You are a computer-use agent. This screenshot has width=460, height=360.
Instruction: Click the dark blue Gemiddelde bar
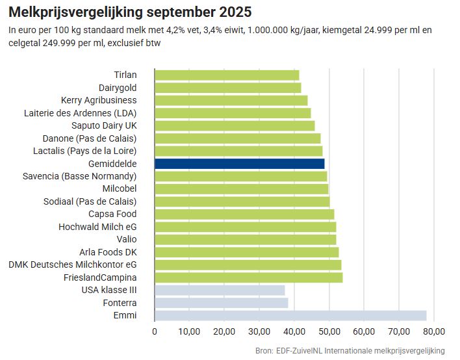(239, 164)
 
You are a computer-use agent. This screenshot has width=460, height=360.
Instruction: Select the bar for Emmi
(290, 316)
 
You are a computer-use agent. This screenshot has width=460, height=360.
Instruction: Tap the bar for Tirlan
(227, 75)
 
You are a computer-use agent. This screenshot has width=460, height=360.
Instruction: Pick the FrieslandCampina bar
(248, 277)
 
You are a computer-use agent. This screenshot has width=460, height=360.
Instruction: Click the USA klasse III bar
(220, 290)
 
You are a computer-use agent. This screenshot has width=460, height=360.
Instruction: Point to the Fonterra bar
(221, 303)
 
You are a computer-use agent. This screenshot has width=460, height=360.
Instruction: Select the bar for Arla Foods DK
(246, 252)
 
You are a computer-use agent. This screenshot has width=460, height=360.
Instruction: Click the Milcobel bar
(241, 189)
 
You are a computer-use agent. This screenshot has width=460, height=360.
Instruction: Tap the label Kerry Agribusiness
(99, 100)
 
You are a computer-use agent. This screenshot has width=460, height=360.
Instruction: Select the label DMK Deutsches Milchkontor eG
(73, 265)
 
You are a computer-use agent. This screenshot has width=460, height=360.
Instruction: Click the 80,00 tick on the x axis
(433, 331)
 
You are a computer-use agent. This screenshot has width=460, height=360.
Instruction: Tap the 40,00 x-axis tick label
(294, 331)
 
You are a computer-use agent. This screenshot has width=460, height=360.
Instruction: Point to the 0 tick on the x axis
(155, 331)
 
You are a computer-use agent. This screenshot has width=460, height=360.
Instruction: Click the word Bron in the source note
(264, 351)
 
